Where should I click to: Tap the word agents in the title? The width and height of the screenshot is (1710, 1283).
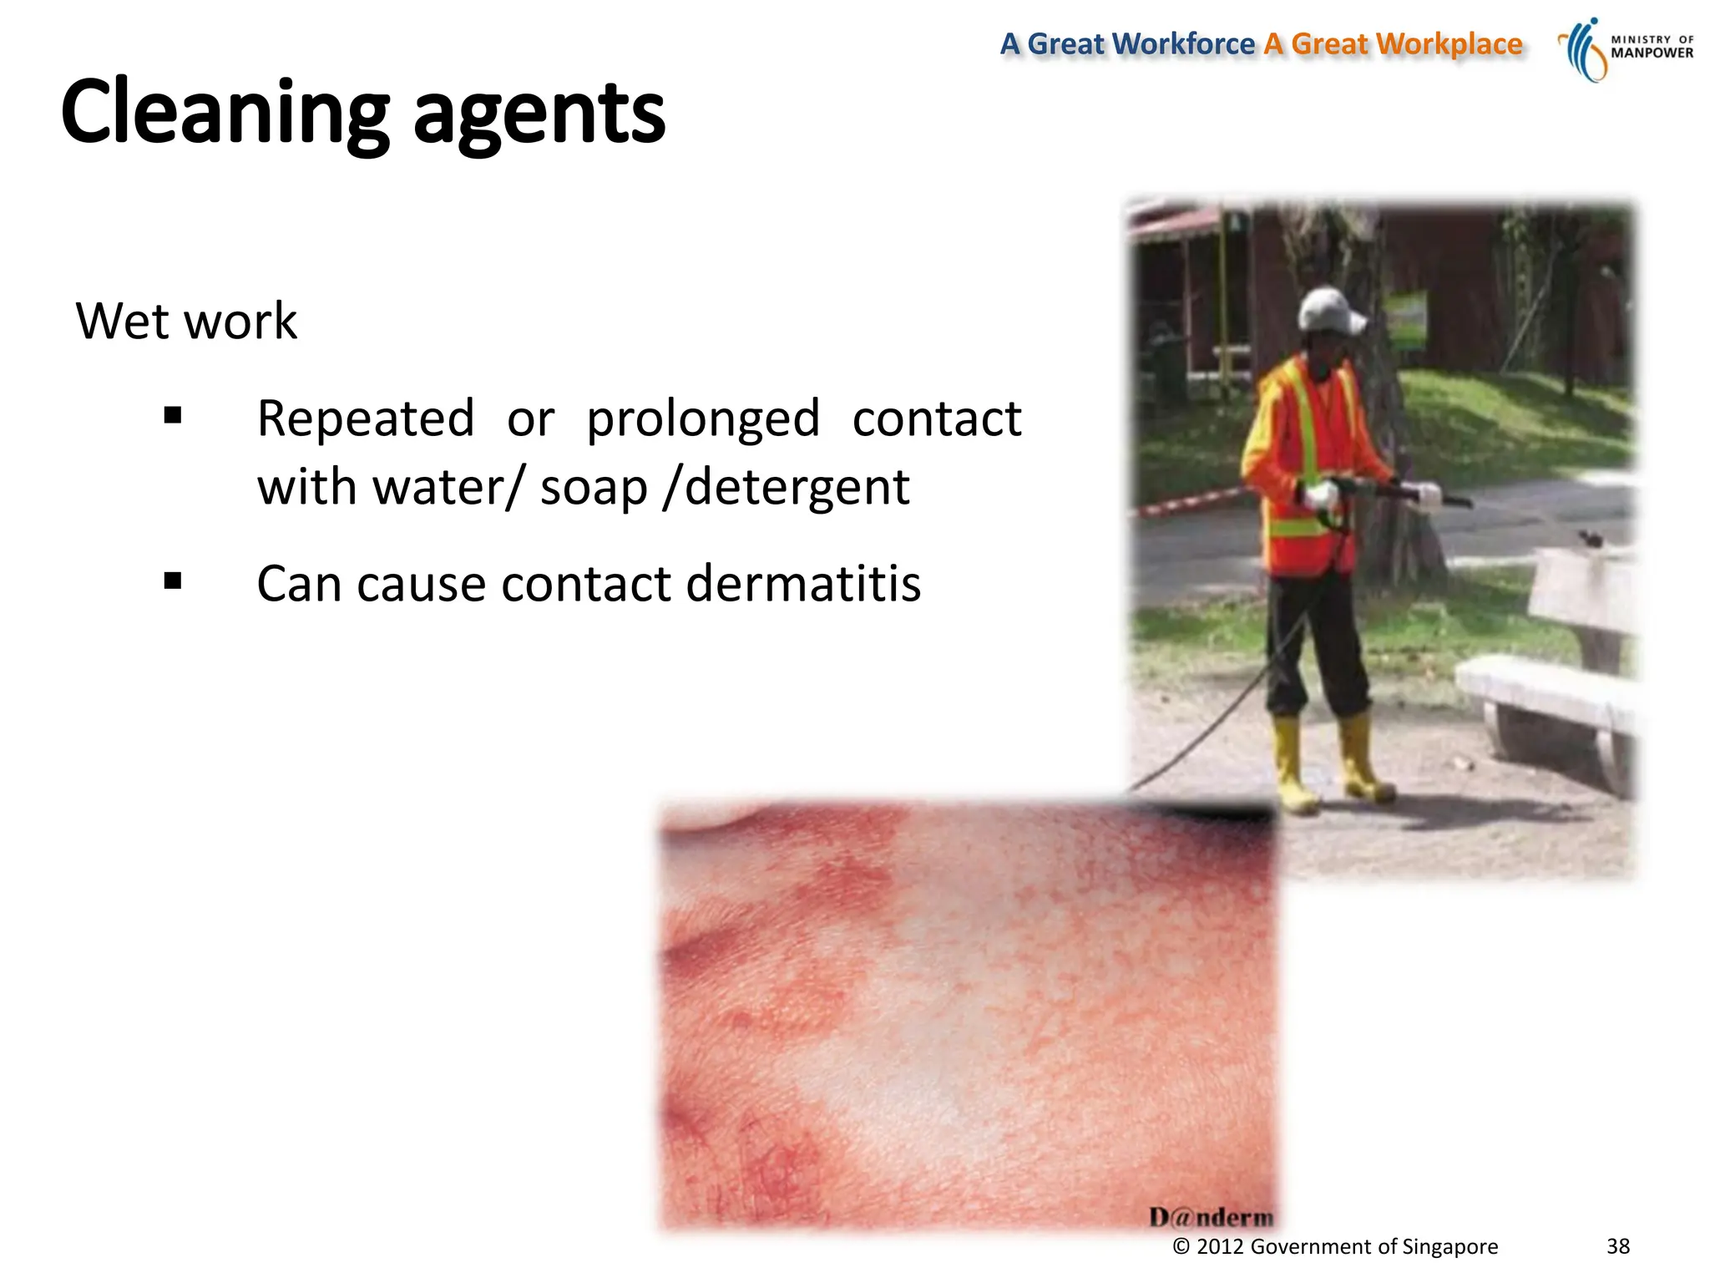539,115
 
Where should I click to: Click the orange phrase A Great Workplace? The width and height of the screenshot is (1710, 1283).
1393,44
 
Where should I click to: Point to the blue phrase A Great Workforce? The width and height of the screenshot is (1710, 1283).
1126,44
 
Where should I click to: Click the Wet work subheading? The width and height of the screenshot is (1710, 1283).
186,321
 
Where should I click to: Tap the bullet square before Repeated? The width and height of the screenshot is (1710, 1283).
173,416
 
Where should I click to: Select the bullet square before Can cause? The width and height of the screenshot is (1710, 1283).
173,581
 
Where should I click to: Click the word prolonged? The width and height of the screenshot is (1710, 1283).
703,419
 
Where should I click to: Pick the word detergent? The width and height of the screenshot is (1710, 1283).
797,488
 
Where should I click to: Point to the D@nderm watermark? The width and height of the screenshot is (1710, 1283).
1211,1217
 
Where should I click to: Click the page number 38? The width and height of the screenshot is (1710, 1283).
1617,1246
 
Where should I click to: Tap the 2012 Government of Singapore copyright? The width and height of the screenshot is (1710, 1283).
1335,1247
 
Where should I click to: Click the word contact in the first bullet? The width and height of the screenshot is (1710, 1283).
936,418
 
